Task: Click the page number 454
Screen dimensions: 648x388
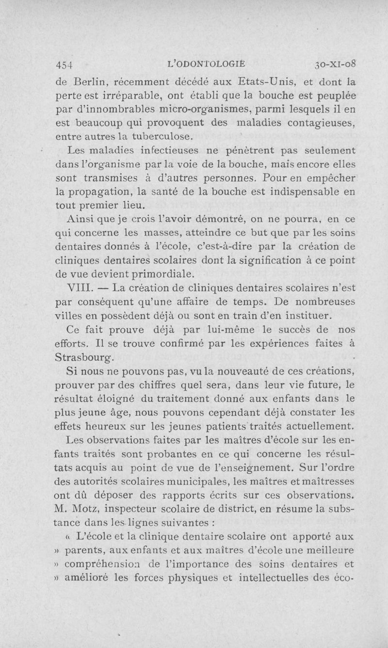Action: (x=65, y=65)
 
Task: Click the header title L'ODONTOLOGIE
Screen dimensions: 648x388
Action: (x=206, y=64)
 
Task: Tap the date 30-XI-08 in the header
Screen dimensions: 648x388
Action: (x=336, y=64)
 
